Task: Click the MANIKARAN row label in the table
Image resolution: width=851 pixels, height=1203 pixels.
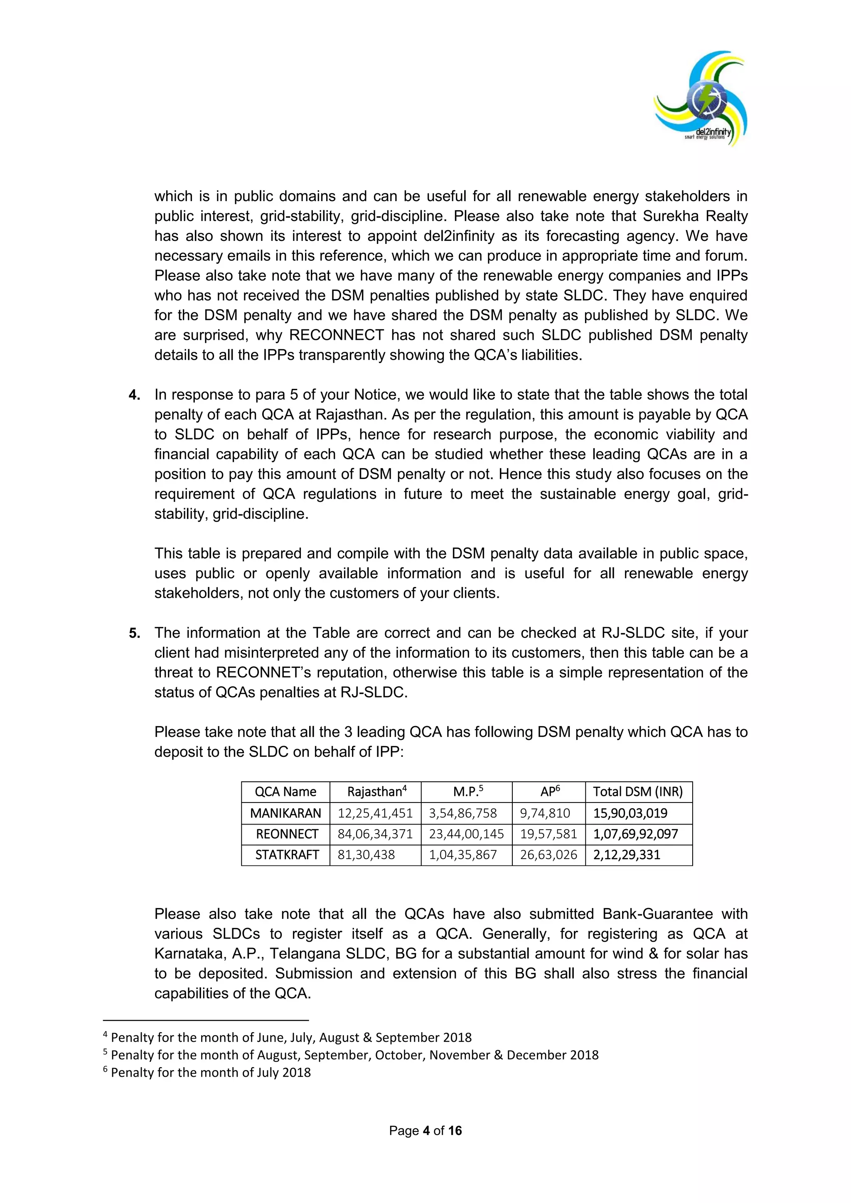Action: (285, 813)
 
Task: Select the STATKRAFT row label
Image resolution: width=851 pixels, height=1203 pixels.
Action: (287, 854)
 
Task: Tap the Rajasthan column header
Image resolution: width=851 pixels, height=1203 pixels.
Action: (376, 792)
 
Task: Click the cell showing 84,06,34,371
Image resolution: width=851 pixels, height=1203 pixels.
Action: (375, 834)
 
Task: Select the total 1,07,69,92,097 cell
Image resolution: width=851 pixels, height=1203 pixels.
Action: (635, 834)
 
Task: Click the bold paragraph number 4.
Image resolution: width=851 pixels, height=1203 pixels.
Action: (134, 395)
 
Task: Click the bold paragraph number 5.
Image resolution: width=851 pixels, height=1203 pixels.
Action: (134, 633)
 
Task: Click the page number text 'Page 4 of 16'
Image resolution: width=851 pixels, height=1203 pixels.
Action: (425, 1131)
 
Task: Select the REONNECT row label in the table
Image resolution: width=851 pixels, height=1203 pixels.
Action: (287, 834)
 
